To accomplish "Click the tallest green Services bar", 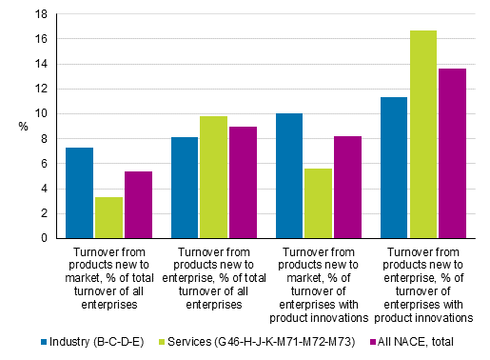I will (423, 134).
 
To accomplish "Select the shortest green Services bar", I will (108, 217).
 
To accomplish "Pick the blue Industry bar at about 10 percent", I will (289, 175).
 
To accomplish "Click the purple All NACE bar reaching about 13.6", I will (452, 153).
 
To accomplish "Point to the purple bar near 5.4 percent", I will (138, 205).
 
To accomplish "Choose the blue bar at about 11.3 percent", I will (394, 168).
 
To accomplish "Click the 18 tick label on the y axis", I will (39, 14).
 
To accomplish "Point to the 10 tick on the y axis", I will (39, 113).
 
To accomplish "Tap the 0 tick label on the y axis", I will (42, 238).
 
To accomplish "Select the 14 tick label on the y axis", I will (39, 64).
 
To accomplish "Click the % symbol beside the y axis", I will (22, 126).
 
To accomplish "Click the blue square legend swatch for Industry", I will (45, 341).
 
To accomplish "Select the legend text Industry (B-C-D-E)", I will (98, 341).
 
